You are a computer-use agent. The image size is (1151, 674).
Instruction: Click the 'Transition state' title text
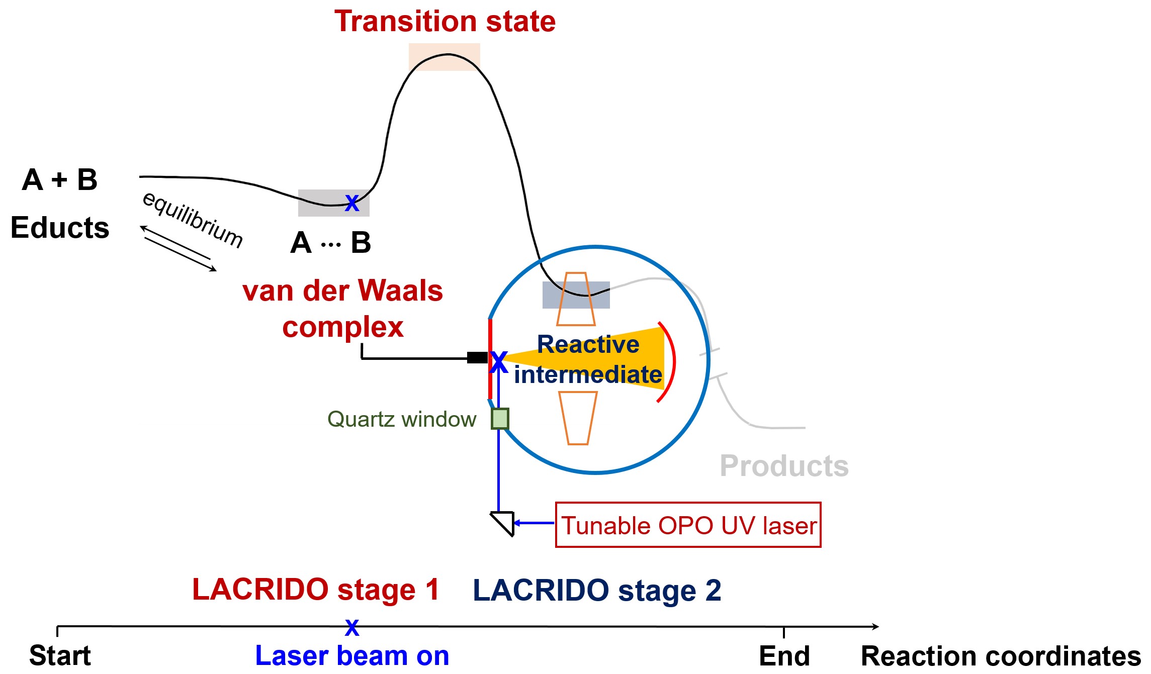tap(445, 22)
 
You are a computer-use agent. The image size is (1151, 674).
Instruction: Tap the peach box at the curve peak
tap(444, 57)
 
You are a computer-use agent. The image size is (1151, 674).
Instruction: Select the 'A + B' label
tap(59, 180)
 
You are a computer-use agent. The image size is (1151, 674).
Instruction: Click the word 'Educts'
tap(60, 228)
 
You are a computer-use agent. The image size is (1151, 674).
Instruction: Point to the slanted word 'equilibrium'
tap(193, 220)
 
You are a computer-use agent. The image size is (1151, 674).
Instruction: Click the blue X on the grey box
tap(352, 203)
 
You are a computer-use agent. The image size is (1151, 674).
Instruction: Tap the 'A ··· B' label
tap(330, 243)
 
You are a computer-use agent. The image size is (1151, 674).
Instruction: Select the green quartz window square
tap(500, 419)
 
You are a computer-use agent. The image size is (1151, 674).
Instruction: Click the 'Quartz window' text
tap(401, 419)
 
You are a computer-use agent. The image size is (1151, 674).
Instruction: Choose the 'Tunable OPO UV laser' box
tap(688, 525)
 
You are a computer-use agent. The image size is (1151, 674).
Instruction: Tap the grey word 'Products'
tap(784, 466)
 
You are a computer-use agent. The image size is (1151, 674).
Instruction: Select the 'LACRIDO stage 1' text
tap(316, 590)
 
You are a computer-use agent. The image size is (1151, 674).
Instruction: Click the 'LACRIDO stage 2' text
tap(597, 591)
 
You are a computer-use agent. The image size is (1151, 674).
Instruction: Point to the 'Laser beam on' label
tap(352, 656)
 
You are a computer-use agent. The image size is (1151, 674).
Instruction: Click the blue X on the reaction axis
tap(352, 627)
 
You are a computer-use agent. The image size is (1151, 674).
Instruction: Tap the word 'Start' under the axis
tap(60, 656)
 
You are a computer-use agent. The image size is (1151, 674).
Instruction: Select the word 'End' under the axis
tap(784, 656)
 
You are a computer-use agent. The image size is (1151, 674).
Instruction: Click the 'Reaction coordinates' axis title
tap(1001, 656)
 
